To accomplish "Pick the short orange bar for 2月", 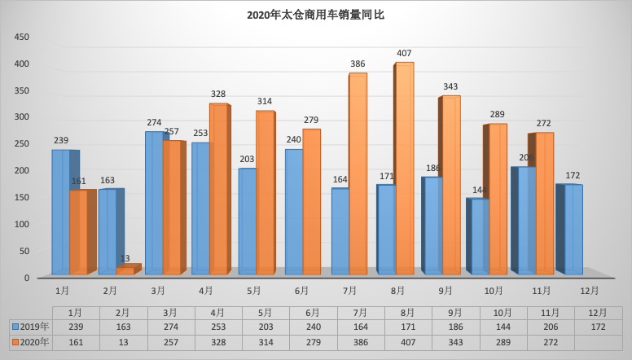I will coord(125,270).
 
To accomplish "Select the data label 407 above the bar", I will coord(403,54).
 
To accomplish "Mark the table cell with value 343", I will coord(447,342).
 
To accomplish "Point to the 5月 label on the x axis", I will coord(253,289).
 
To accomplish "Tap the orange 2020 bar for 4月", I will coord(218,189).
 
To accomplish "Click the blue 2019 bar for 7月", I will coord(340,231).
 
